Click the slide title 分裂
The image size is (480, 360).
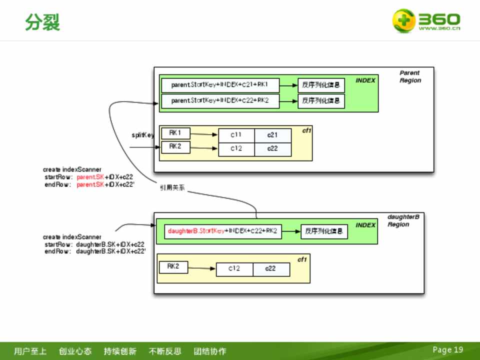click(42, 22)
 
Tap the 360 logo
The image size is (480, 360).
click(425, 20)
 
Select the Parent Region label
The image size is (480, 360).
click(410, 76)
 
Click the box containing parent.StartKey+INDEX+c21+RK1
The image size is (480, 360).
click(220, 85)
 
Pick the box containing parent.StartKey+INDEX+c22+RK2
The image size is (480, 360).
click(220, 101)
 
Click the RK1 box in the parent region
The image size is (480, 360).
click(175, 133)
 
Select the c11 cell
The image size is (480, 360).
click(236, 135)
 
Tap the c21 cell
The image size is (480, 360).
click(272, 135)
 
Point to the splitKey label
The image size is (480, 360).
click(142, 135)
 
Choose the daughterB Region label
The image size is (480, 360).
click(403, 220)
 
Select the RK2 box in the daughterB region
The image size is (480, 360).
click(173, 267)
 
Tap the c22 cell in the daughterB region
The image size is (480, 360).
click(270, 269)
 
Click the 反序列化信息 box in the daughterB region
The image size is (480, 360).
click(324, 231)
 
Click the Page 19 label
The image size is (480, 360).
click(447, 349)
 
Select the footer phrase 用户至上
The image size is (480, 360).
click(30, 351)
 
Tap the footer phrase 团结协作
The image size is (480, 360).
click(210, 351)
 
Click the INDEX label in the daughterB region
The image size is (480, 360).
click(365, 225)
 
